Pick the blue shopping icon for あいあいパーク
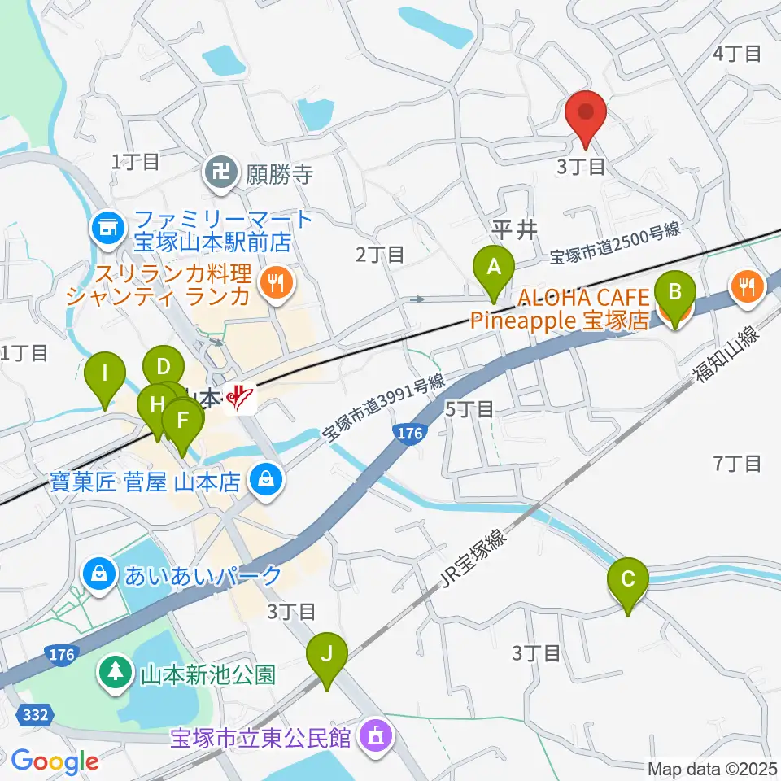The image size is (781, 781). coord(99,575)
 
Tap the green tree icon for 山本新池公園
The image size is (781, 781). coord(116,673)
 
